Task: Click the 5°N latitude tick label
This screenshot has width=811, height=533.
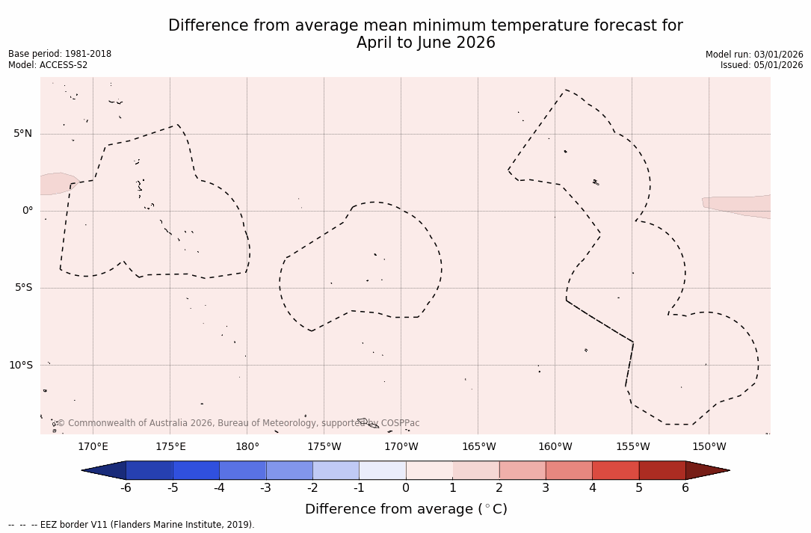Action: (x=22, y=134)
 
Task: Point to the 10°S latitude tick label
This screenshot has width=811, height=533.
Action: (x=20, y=366)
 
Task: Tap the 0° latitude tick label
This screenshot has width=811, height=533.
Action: (x=28, y=211)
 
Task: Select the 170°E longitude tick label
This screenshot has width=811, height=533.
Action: (x=93, y=447)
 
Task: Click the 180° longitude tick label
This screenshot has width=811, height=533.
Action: (x=247, y=447)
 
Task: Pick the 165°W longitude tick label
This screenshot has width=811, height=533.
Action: (x=478, y=447)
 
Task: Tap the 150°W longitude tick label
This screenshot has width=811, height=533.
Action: (x=709, y=447)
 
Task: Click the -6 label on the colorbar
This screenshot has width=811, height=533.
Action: (x=126, y=488)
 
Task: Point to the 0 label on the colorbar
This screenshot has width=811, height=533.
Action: (x=406, y=488)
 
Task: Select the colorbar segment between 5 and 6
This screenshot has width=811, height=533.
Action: (x=662, y=470)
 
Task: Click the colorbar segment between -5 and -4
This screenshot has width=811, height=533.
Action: (x=196, y=470)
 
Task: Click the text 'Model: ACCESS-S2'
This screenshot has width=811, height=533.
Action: (x=48, y=65)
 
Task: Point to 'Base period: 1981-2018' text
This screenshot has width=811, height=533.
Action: (x=60, y=54)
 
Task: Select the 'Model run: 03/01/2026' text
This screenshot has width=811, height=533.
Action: (x=754, y=55)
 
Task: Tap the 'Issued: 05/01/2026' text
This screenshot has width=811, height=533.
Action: (x=762, y=65)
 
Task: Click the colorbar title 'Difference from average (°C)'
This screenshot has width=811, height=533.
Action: (x=406, y=509)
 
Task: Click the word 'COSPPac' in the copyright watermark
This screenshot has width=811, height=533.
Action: (x=400, y=423)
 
